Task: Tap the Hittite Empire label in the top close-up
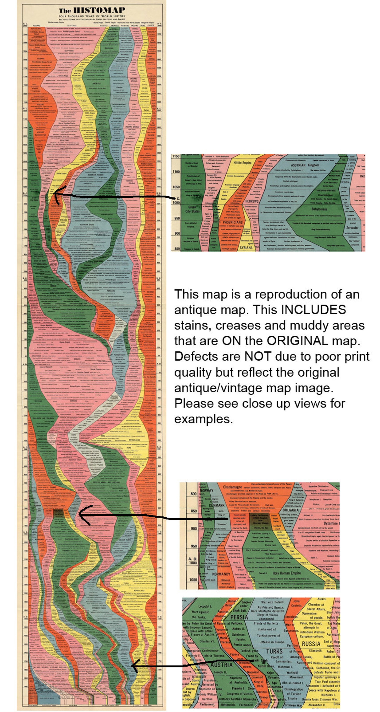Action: [242, 163]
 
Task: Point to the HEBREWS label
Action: [251, 201]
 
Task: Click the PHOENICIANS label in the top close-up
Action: [232, 222]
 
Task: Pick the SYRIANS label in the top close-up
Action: [246, 247]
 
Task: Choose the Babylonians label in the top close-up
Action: [319, 209]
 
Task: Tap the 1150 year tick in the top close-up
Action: [176, 156]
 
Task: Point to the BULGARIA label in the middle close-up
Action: [290, 510]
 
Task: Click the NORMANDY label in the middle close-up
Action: [221, 574]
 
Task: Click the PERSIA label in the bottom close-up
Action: [239, 617]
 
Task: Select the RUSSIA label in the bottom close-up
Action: [311, 644]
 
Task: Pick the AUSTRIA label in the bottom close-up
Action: [221, 665]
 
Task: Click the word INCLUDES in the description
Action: [313, 310]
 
